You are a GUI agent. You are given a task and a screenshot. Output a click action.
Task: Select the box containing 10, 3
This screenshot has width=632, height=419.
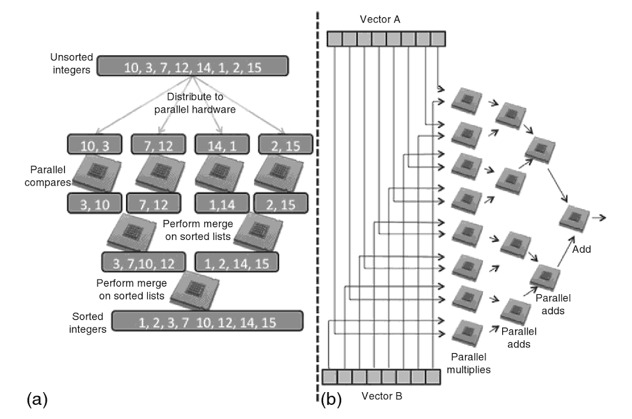click(94, 144)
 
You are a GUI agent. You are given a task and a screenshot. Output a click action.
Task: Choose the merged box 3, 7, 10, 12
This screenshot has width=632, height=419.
click(144, 261)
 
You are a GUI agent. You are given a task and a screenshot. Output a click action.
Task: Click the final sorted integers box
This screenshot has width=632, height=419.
click(207, 321)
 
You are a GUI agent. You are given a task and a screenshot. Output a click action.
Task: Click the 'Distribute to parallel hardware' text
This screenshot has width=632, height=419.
click(196, 103)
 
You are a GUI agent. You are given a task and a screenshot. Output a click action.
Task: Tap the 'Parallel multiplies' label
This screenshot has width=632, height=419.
click(471, 363)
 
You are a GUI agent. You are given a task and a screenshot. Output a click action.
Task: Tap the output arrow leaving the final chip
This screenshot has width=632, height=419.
click(600, 217)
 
